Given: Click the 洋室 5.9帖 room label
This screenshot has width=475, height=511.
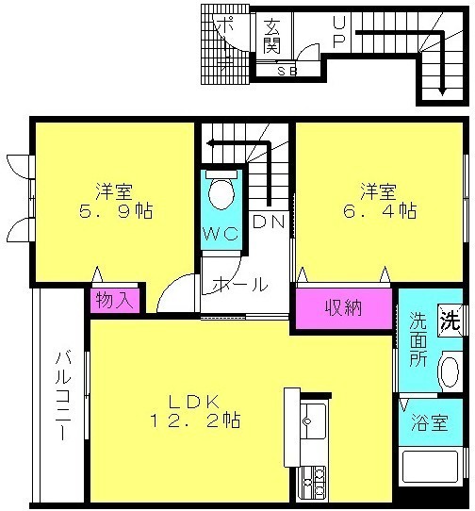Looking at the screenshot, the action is pos(116,201).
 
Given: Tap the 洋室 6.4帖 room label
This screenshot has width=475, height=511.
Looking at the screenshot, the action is pos(380,201).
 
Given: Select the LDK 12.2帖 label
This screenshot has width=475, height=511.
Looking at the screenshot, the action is pos(195,411).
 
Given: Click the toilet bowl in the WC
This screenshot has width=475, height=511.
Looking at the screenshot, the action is pos(221,193).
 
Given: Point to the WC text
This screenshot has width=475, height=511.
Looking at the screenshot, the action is pos(221,233).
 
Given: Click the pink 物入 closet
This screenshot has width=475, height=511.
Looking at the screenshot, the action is pos(115,300).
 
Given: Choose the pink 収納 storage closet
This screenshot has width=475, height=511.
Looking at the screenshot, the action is pos(344,308).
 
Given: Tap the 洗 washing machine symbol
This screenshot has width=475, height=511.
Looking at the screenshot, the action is pos(450,321).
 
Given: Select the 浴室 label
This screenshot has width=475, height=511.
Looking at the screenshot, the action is pos(429,422).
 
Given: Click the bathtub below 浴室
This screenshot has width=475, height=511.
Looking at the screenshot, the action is pos(431,466).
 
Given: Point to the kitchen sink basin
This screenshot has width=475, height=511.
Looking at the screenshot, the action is pos(313,421).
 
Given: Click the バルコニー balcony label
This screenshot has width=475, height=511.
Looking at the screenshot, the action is pos(63,397).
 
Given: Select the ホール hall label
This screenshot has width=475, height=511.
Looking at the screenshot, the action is pos(240,285).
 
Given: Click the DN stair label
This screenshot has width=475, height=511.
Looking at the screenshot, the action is pos(270,222).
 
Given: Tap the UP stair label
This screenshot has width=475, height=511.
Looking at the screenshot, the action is pos(339,32).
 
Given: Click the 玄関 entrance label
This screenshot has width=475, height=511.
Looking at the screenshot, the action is pos(272,36).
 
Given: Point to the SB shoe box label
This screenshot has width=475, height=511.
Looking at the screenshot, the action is pos(287,71).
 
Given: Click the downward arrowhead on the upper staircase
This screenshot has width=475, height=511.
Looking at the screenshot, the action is pos(442,91).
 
